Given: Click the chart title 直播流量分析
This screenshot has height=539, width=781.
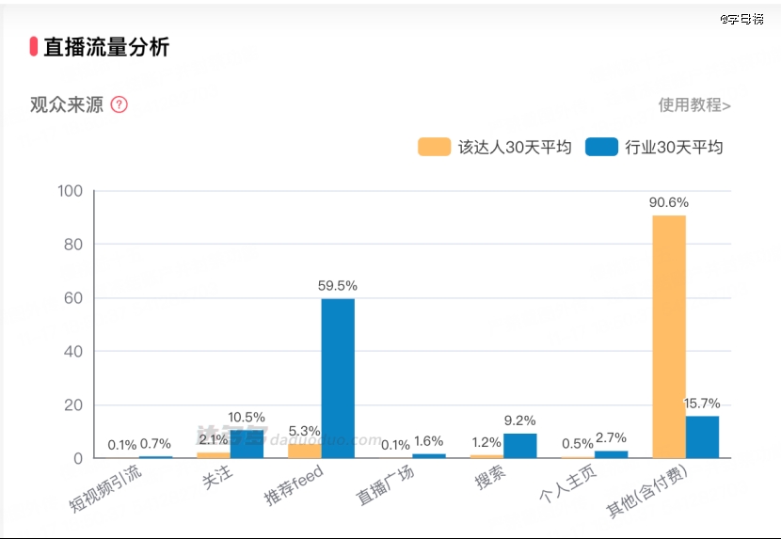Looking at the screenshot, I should point(106,47).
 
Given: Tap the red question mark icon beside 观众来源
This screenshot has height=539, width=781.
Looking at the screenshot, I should point(120,104).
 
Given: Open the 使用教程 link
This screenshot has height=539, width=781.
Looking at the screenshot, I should point(694,104).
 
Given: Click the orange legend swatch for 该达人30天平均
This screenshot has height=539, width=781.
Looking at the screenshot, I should point(434,147).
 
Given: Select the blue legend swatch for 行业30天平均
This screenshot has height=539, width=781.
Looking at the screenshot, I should point(601,147).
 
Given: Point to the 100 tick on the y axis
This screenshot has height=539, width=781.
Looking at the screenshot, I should point(71,191).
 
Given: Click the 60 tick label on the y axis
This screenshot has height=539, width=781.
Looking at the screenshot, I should point(73,298).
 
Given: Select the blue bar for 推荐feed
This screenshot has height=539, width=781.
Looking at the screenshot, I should point(338,378).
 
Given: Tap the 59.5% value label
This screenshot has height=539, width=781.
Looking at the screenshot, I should point(338,286).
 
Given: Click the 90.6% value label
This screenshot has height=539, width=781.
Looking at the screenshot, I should point(668,202).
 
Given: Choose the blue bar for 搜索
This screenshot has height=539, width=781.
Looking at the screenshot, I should point(519,446).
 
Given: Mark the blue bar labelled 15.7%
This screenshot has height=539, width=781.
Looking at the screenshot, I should point(702,436).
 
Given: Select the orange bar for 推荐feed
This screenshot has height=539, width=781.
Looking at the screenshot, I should point(304,451).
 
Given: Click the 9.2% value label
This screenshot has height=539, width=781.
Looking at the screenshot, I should point(519,421).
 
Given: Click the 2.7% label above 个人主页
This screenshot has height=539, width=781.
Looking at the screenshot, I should point(611,438).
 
